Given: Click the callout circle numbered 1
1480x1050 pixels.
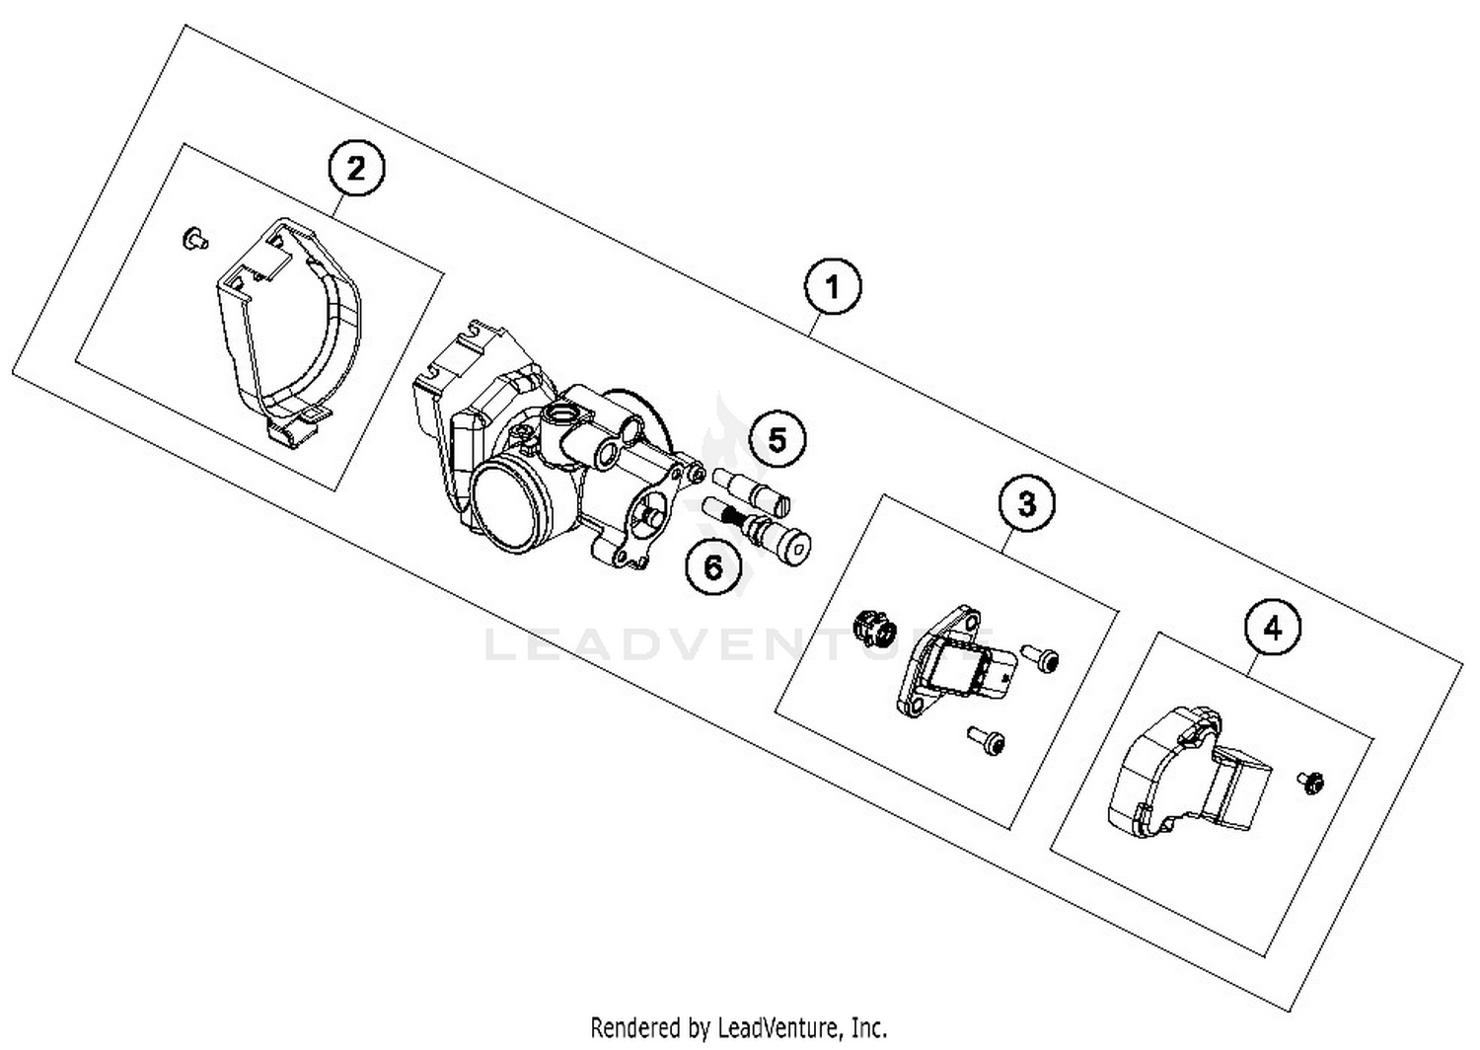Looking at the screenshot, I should point(833,287).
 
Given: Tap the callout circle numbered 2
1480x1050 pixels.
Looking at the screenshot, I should point(355,169).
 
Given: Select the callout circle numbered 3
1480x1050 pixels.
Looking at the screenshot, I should point(1026,503).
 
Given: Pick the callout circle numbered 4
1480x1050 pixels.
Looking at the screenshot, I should point(1273,628).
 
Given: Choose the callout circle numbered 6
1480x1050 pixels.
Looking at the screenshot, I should point(713,566).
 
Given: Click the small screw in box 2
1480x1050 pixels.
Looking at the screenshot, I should point(194,237).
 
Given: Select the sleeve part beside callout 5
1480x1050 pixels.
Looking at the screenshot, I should point(747,487).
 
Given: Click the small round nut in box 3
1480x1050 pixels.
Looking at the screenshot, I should point(872,626).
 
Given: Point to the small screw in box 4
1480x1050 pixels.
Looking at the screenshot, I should point(1311,782).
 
